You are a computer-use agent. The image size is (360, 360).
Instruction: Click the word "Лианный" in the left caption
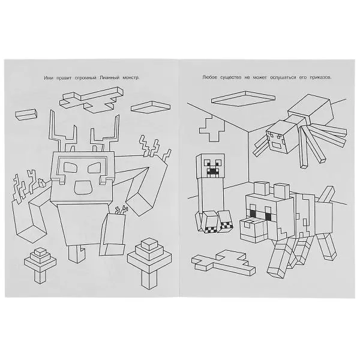pos(110,78)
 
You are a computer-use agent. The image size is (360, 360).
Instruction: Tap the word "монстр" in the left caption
pos(130,78)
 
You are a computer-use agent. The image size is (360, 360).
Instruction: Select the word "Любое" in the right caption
pos(209,77)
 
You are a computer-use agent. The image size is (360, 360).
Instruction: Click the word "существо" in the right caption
pos(231,77)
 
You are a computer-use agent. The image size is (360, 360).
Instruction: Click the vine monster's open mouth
pos(83,187)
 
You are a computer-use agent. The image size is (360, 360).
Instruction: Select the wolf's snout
pos(254,230)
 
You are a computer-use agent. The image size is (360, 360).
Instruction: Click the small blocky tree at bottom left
pos(40,265)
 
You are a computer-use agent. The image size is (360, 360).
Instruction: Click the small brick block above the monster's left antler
pos(26,115)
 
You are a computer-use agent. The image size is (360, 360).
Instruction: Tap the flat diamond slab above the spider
pos(243,98)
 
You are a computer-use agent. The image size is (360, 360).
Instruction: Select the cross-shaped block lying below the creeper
pos(223,262)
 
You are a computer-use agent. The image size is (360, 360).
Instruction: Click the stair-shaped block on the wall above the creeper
pos(212,128)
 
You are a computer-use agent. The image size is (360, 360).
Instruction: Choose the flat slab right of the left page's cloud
pos(151,107)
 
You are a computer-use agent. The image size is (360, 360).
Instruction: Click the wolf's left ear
pos(262,188)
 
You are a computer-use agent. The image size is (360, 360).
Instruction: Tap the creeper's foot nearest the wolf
pos(226,221)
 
